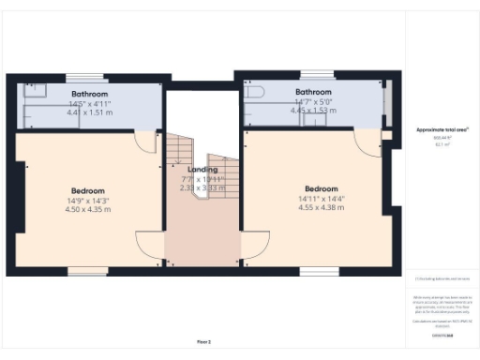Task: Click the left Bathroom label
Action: pos(90,95)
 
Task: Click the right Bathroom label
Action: pos(313,92)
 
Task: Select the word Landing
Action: pos(202,170)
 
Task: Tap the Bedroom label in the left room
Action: pos(88,190)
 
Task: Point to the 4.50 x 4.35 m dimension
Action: pos(88,209)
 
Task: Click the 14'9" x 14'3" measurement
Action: pos(88,200)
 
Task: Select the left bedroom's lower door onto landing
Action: pos(151,249)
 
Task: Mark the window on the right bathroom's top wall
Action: pos(323,72)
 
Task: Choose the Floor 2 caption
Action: pos(203,341)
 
